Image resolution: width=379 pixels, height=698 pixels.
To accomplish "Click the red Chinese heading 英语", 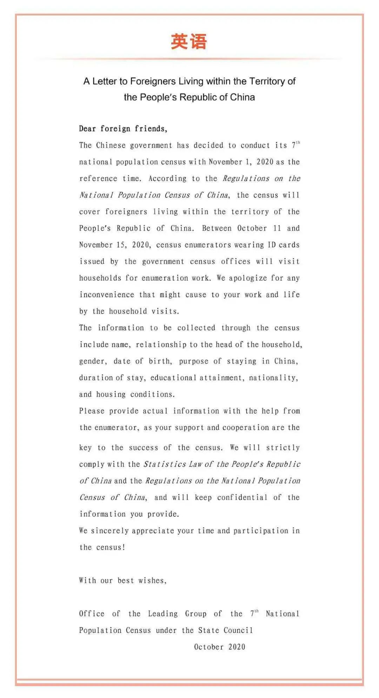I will (189, 41).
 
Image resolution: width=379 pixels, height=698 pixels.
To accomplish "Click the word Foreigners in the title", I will (153, 81).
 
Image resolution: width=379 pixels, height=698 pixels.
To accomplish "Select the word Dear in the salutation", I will (87, 129).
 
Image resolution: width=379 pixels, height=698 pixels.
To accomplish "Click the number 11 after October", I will (277, 228).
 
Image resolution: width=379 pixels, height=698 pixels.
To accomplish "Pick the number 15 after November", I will (120, 245).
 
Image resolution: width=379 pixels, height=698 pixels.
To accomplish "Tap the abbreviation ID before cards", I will (272, 245).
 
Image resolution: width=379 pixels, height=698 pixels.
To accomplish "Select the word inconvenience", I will (107, 295).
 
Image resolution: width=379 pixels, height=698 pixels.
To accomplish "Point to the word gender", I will (92, 361).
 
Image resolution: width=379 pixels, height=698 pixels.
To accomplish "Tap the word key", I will (85, 448).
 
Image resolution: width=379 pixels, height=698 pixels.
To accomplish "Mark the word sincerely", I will (109, 530).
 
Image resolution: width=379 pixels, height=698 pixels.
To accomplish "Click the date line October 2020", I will (220, 647).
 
